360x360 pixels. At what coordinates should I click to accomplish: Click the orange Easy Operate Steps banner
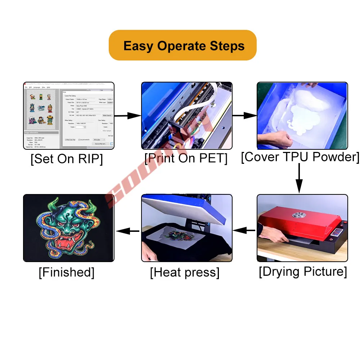[x=183, y=45]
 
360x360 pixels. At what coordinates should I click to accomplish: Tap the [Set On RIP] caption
[x=67, y=159]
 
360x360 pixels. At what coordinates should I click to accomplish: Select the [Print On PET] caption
[x=186, y=158]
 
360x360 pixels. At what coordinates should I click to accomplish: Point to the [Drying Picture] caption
[x=303, y=272]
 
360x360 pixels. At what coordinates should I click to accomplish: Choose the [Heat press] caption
[x=185, y=273]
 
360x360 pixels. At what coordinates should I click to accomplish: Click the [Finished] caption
[x=67, y=272]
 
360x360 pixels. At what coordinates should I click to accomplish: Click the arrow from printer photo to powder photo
[x=244, y=116]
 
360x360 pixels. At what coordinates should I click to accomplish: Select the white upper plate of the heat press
[x=180, y=211]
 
